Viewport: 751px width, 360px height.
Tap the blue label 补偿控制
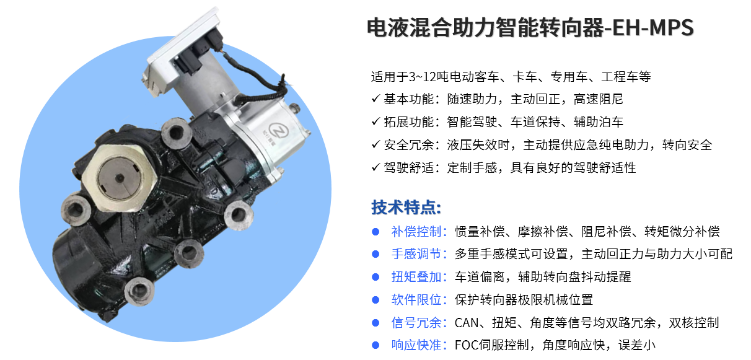416,232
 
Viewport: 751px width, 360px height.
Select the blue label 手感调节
416,254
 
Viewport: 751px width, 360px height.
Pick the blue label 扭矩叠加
416,277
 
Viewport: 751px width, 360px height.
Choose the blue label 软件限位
416,300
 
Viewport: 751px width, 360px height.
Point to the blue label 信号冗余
416,322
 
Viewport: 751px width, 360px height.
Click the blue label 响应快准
416,345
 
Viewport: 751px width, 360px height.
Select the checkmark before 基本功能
376,99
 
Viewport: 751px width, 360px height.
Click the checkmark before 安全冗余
376,145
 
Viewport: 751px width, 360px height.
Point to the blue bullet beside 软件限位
375,300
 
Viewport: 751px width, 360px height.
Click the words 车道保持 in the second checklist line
535,122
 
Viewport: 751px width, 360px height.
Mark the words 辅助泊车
599,122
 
